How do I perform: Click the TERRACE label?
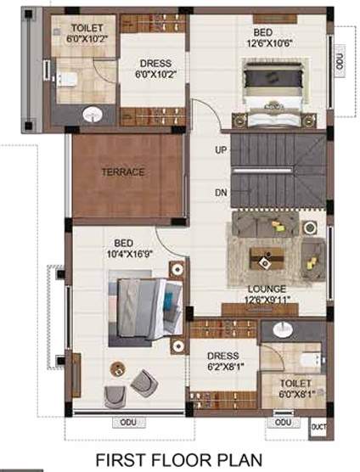tap(123, 171)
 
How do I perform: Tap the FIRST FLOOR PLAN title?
tap(179, 460)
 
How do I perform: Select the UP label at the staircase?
tap(221, 150)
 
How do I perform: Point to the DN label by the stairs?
tap(221, 193)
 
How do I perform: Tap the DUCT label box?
tap(319, 426)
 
